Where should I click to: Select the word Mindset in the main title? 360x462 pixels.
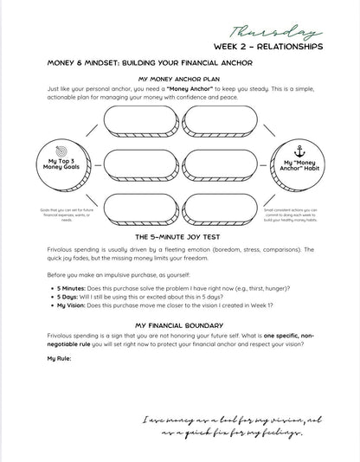[102, 62]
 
